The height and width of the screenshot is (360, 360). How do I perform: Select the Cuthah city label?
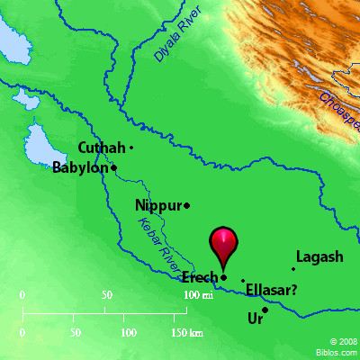101,148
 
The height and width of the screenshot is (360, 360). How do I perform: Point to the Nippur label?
157,206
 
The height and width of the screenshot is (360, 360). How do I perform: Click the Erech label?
199,277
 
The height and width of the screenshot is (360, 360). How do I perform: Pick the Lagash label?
319,257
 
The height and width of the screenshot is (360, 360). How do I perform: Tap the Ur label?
255,319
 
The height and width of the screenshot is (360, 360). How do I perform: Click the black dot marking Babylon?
114,167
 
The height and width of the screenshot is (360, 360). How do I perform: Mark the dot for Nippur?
186,206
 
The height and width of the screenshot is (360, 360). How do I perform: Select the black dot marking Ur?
265,310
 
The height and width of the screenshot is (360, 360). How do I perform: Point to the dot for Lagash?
293,268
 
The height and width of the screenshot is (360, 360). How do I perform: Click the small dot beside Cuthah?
131,148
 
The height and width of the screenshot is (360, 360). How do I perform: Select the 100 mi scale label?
196,295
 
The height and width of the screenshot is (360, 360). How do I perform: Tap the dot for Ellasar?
242,281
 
